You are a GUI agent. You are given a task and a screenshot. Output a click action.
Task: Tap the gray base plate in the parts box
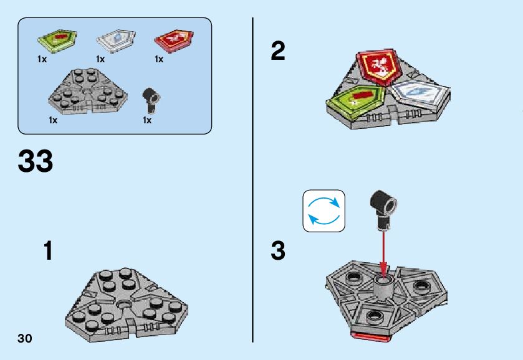pos(89,91)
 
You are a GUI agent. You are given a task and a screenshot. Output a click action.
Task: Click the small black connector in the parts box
pos(151,98)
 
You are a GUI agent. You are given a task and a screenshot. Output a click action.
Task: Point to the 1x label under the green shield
pos(42,60)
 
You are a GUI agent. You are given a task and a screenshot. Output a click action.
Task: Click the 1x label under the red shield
pos(159,60)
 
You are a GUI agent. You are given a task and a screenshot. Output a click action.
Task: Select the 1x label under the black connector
pos(147,120)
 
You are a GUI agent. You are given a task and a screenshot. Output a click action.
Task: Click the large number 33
pos(36,161)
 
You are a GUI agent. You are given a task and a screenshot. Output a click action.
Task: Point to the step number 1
pos(48,252)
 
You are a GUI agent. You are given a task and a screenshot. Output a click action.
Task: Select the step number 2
pos(278,52)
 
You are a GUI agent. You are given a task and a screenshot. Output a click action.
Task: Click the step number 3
pos(278,252)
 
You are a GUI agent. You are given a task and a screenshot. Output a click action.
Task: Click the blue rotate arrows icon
pos(324,211)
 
